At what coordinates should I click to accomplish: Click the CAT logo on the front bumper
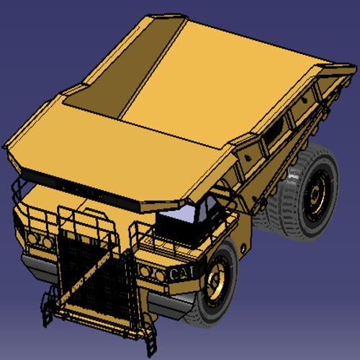[x=181, y=273]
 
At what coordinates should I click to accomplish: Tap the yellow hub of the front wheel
[x=215, y=281]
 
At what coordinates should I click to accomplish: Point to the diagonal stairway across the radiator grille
[x=84, y=279]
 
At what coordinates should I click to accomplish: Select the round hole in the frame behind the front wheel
[x=243, y=248]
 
